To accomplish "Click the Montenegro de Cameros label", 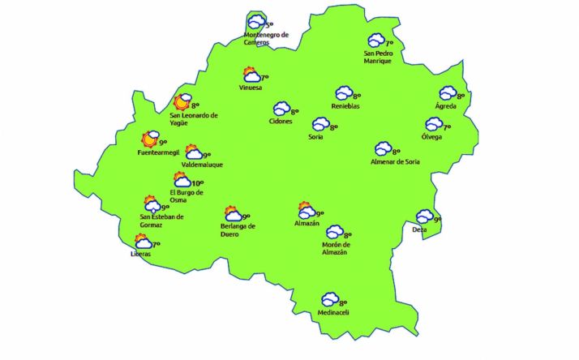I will tap(266, 38).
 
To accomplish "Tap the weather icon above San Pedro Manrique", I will tap(376, 41).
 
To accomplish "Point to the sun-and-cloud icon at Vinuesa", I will tap(251, 75).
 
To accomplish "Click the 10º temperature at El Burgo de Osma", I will tap(197, 183).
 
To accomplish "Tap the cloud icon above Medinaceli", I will tap(329, 300).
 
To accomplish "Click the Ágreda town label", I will tap(445, 107).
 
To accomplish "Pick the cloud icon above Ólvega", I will tap(434, 124).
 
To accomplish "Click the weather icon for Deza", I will tap(424, 216).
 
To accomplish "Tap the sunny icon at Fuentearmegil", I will tap(150, 140).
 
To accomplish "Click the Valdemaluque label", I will tap(202, 165).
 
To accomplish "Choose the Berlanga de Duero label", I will tap(238, 231).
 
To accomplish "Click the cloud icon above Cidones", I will tap(281, 108).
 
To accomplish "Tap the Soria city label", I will tap(316, 137).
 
